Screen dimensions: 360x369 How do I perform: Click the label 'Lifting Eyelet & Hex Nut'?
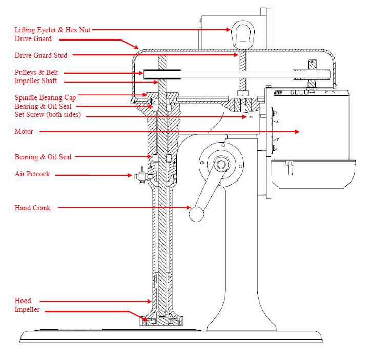53,30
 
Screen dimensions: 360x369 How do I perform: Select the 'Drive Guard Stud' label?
40,55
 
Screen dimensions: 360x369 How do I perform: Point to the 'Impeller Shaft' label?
35,82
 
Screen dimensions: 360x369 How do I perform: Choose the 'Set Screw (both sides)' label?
47,115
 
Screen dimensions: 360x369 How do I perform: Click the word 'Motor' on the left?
24,132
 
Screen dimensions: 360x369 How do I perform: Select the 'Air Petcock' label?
32,174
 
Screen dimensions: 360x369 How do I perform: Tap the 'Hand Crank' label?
32,208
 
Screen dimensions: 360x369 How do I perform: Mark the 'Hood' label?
23,301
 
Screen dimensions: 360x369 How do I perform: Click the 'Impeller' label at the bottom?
27,310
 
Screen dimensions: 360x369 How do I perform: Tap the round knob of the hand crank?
196,213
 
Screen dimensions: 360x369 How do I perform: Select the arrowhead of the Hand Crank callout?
190,208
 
